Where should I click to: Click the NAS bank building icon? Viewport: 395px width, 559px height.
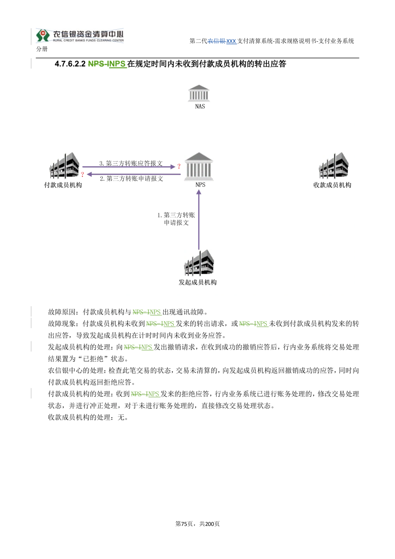(199, 93)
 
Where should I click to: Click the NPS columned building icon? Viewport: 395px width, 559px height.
(199, 166)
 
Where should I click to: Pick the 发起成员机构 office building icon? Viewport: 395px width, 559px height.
(199, 263)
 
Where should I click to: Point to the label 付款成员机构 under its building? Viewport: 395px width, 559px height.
(63, 185)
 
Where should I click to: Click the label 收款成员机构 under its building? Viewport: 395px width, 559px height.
(332, 185)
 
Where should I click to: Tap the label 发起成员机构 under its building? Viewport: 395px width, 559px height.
(197, 282)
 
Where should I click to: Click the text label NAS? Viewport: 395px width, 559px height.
(200, 106)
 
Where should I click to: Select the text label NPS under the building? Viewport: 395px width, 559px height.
(200, 184)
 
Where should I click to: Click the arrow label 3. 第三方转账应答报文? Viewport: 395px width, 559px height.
(131, 163)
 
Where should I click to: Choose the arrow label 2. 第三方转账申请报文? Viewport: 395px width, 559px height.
(131, 179)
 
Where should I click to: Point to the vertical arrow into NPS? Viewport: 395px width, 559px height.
(199, 220)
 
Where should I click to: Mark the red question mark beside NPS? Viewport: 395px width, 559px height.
(179, 166)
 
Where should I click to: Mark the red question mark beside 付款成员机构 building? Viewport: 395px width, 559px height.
(82, 175)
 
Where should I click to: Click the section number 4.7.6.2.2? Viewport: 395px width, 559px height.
(70, 64)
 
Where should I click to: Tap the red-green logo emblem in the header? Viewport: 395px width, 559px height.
(43, 35)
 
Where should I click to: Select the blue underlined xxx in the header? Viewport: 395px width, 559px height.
(231, 41)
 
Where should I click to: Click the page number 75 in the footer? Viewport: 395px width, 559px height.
(184, 523)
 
